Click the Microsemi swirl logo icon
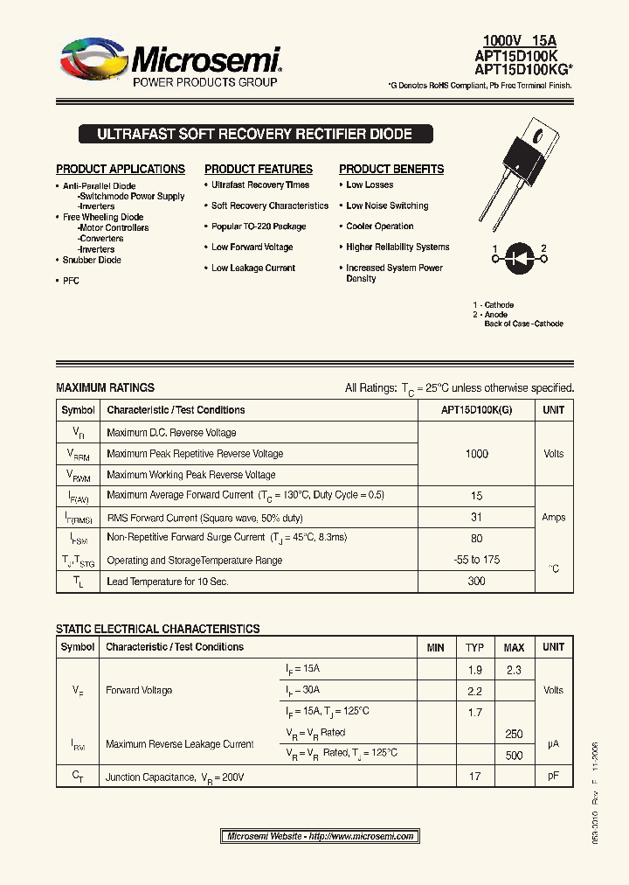tap(93, 63)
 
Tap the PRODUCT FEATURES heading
tap(259, 169)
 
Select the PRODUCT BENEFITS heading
tap(391, 169)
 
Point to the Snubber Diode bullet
tap(92, 260)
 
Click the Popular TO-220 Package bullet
tap(259, 226)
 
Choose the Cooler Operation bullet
tap(379, 226)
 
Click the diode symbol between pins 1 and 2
tap(519, 259)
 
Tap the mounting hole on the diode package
tap(540, 136)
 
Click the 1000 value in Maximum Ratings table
tap(477, 454)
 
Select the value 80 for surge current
tap(477, 539)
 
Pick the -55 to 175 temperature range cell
tap(477, 560)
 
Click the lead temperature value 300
tap(477, 581)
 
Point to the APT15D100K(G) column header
tap(477, 410)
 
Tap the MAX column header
tap(514, 648)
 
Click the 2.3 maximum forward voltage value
tap(514, 670)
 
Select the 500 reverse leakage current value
tap(514, 755)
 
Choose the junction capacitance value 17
tap(474, 776)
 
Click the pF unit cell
tap(553, 776)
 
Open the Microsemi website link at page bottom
tap(320, 836)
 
